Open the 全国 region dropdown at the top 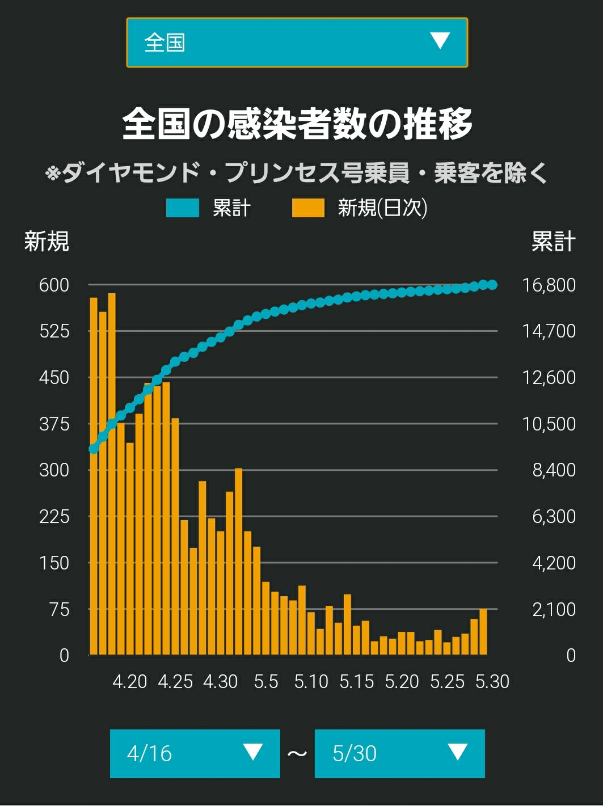pos(297,42)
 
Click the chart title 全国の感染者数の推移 pos(297,124)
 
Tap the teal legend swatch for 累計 pos(183,208)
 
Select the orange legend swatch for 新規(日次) pos(308,208)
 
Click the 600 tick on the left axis pos(54,285)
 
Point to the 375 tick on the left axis pos(54,424)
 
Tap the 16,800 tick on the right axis pos(549,285)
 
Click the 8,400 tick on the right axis pos(554,470)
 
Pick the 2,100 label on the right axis pos(554,610)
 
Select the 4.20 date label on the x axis pos(130,682)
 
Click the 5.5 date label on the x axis pos(266,682)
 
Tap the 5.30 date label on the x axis pos(492,682)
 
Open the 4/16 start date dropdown pos(195,753)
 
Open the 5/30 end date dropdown pos(399,753)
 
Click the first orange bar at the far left pos(94,476)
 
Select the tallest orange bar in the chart pos(112,474)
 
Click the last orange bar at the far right pos(483,632)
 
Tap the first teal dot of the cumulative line pos(94,449)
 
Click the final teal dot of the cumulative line pos(492,285)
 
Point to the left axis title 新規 pos(47,242)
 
